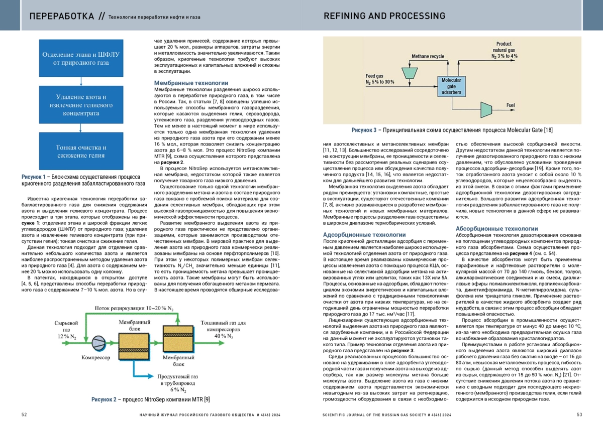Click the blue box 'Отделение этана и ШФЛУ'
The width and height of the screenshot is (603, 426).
[x=81, y=58]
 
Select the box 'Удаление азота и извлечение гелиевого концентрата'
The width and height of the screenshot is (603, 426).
[x=81, y=105]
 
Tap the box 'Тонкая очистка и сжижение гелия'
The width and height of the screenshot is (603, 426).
[x=81, y=151]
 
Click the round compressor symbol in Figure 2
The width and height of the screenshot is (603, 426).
[x=98, y=343]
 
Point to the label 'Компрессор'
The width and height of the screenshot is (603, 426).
[x=96, y=357]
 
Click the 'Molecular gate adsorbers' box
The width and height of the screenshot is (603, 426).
[x=451, y=86]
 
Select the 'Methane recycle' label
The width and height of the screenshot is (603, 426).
[x=428, y=56]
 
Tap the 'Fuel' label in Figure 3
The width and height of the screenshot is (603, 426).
[x=511, y=105]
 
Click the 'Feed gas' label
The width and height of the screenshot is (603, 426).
[x=374, y=76]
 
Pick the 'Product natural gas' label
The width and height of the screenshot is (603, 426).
[x=504, y=47]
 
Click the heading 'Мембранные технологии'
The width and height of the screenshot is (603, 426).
[x=191, y=83]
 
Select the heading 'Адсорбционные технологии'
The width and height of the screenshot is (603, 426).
[x=364, y=235]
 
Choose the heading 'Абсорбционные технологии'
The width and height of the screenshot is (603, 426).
[x=496, y=229]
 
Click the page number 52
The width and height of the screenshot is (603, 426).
[x=24, y=414]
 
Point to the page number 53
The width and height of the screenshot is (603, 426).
[x=579, y=414]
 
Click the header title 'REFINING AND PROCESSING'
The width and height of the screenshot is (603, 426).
[x=384, y=16]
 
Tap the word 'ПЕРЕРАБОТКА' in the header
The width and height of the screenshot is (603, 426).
[x=62, y=17]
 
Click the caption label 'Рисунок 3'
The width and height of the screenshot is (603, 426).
[x=364, y=130]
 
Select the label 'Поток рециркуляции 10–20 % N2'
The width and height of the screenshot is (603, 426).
[x=134, y=308]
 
